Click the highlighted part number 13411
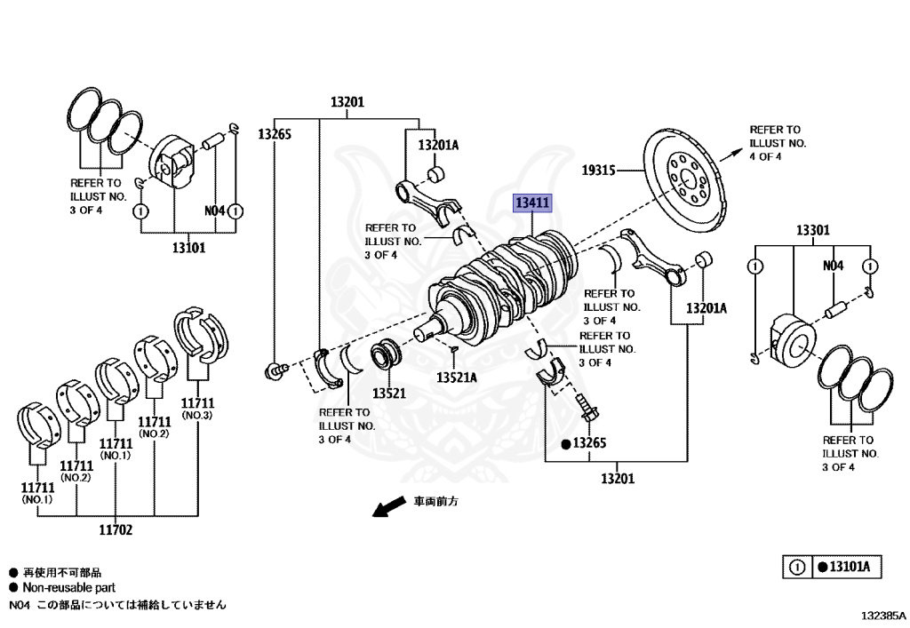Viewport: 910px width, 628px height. coord(532,203)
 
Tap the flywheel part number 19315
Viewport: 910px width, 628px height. coord(598,170)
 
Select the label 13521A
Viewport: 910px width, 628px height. coord(457,378)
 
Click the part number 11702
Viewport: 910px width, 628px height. coord(116,529)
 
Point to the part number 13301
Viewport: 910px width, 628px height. coord(812,230)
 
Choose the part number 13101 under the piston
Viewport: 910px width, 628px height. coord(188,248)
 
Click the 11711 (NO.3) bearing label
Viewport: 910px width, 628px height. coord(197,409)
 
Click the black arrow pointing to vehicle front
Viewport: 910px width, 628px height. coord(389,505)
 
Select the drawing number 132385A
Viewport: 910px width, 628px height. coord(882,616)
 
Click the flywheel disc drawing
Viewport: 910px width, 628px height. coord(684,180)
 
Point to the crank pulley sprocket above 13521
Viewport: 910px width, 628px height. coord(386,355)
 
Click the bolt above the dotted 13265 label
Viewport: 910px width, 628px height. coord(587,408)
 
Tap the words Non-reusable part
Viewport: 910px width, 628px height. coord(69,587)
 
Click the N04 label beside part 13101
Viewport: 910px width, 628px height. coord(214,211)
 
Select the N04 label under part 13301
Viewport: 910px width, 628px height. coord(833,266)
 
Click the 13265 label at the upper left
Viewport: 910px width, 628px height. coord(275,134)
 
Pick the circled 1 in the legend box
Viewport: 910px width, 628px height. coord(797,567)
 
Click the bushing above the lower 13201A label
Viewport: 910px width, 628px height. coord(704,259)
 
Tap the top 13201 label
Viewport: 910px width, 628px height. coord(347,102)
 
